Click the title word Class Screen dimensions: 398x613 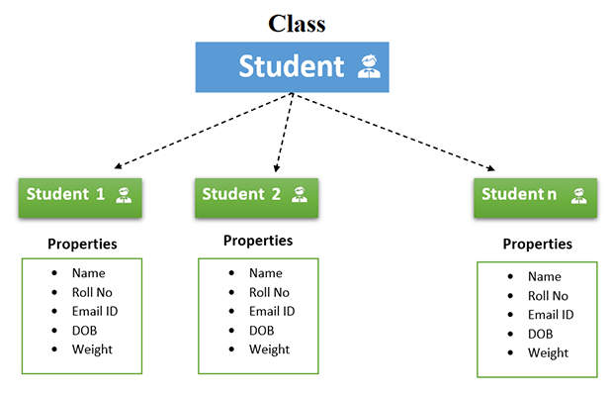coord(298,23)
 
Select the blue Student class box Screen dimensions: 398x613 coord(292,67)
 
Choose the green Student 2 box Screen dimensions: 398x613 coord(256,195)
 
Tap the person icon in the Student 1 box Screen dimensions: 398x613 coord(125,195)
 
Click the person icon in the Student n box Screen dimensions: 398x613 coord(578,195)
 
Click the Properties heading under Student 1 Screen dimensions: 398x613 coord(82,244)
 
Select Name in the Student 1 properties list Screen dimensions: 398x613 coord(88,273)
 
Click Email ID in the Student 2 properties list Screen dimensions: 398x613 coord(271,311)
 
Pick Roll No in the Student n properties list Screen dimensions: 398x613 coord(548,296)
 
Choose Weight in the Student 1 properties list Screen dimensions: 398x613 coord(92,348)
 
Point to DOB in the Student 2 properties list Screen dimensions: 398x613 coord(261,330)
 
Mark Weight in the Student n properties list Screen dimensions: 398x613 coord(548,352)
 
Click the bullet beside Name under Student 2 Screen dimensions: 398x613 coord(231,273)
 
